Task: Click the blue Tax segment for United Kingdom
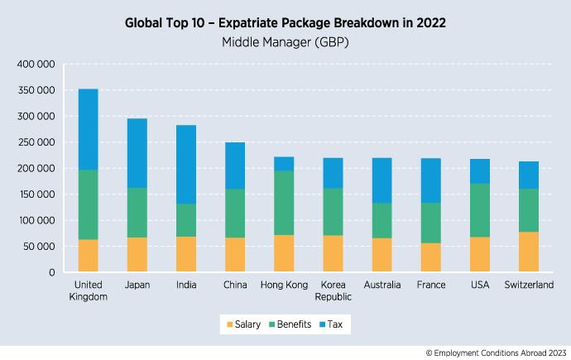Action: [88, 129]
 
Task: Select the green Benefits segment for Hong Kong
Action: [284, 203]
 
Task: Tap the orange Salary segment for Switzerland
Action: [528, 252]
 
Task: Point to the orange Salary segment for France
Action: [430, 257]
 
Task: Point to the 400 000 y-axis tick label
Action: [36, 64]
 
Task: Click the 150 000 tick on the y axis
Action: [36, 194]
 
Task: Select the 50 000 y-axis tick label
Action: [38, 247]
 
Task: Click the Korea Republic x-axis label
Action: [333, 290]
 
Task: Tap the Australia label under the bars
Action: [381, 286]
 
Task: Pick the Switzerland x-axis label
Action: [528, 286]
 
